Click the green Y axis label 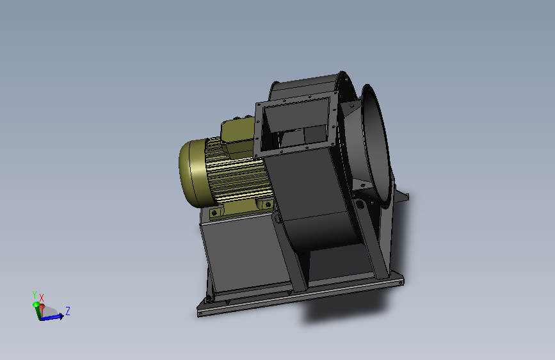coord(35,295)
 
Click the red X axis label coord(42,298)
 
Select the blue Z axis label coord(68,311)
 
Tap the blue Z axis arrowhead coord(61,316)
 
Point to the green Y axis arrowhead coord(36,304)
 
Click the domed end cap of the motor coord(193,173)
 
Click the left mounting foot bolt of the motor coord(214,213)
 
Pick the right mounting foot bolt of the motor coord(268,204)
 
